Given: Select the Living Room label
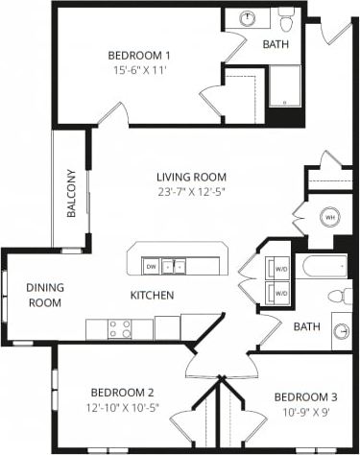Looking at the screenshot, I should (192, 177).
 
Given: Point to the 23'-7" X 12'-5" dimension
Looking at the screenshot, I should (192, 192).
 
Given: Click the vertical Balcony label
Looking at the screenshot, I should (71, 193).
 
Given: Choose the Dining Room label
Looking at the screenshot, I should (44, 295).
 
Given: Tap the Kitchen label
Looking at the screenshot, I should (152, 295).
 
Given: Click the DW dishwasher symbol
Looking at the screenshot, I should (151, 265).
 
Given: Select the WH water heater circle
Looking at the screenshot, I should (329, 217).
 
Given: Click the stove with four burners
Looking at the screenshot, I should (120, 329).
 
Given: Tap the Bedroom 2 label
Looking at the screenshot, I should (122, 392).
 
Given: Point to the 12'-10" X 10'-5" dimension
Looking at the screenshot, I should (122, 407).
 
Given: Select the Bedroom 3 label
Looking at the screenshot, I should (305, 397).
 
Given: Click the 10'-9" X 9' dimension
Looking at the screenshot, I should (305, 413).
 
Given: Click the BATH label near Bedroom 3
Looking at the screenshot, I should (306, 327).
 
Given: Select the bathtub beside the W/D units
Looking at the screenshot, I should (322, 266).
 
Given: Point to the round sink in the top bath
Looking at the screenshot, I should (247, 17).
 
